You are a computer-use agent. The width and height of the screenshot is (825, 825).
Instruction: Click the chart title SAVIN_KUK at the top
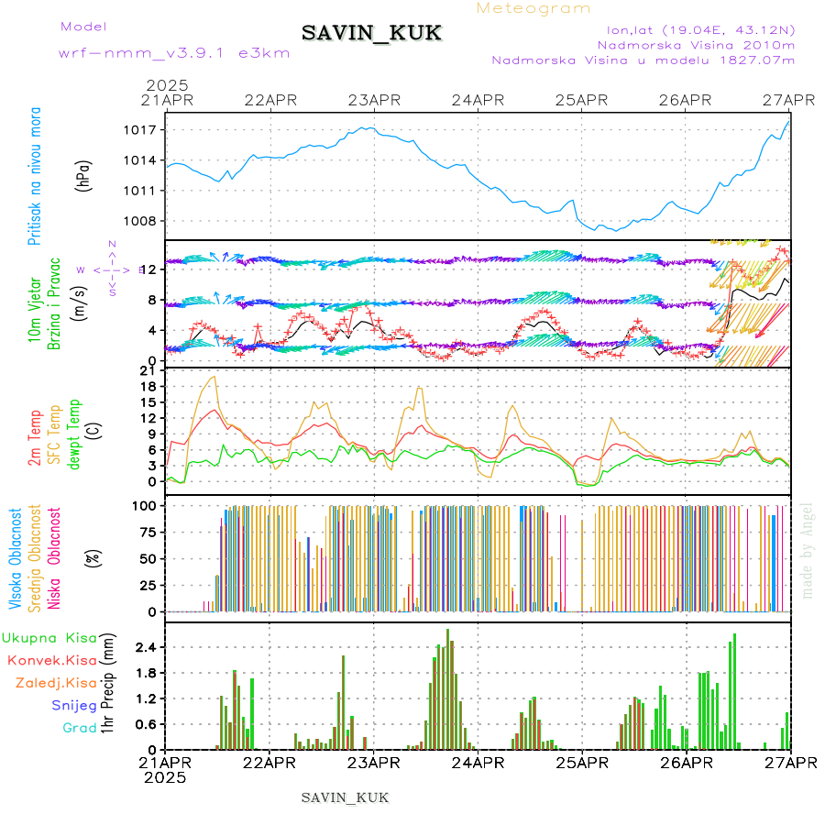point(371,34)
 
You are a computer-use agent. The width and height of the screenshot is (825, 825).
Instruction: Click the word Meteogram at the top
point(534,8)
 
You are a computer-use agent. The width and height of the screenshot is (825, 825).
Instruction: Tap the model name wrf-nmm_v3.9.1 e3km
point(135,53)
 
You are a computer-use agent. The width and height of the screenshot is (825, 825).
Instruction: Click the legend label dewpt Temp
point(74,434)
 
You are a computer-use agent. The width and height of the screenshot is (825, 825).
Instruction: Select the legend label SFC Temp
point(53,434)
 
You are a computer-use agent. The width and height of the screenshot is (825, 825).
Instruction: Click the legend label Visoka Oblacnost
point(16,558)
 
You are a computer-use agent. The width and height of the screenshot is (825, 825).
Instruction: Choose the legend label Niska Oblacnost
point(53,558)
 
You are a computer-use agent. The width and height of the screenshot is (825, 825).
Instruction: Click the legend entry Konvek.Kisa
point(51,660)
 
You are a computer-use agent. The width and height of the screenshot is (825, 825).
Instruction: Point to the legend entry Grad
point(79,728)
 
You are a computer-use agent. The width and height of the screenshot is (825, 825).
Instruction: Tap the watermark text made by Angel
point(807,550)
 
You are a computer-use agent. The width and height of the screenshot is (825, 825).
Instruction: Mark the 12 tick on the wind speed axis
point(149,269)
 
